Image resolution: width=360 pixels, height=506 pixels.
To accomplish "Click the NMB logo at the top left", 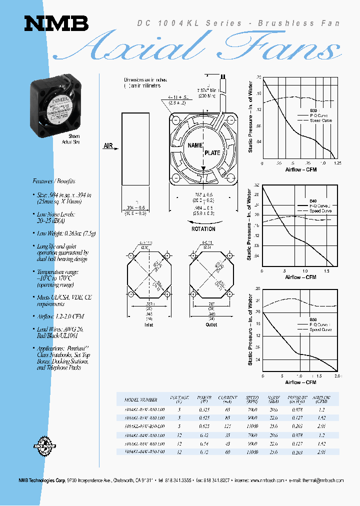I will click(56, 23).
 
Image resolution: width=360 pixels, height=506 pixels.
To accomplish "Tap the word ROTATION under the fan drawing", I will click(203, 229).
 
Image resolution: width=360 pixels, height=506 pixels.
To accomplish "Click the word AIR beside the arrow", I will click(108, 146).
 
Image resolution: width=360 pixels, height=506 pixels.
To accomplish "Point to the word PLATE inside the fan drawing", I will click(212, 153).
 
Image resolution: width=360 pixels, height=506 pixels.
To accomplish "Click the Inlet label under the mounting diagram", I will click(149, 324).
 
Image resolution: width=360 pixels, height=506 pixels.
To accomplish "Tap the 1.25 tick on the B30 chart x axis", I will click(337, 163).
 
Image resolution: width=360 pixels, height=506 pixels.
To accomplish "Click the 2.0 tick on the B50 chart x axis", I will click(337, 375).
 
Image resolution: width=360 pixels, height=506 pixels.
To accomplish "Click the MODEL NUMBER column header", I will click(141, 399).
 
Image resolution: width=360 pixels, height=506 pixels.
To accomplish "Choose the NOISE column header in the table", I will click(273, 398).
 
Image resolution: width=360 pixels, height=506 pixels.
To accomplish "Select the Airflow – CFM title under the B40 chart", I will click(300, 277).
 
